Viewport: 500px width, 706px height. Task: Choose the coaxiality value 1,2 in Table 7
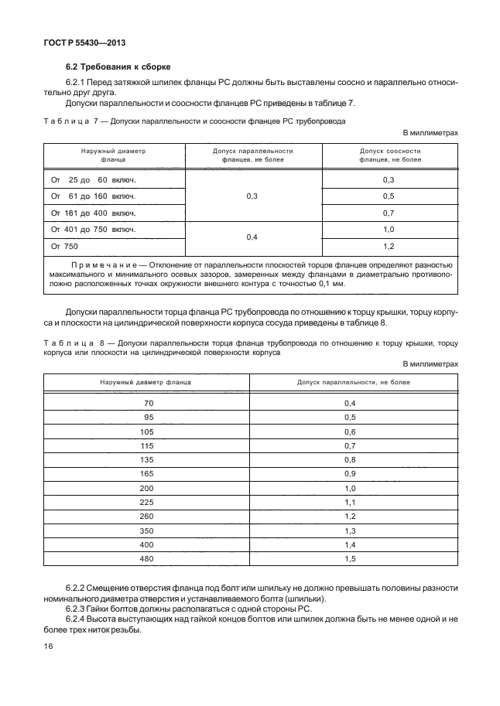pos(389,247)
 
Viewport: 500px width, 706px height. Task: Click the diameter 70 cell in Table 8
pos(149,403)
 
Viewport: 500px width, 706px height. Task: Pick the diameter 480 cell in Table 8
pos(148,559)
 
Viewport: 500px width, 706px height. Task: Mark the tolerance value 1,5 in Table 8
pos(349,559)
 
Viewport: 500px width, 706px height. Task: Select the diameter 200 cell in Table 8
pos(148,488)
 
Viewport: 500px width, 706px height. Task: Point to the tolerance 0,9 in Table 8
pos(349,474)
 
